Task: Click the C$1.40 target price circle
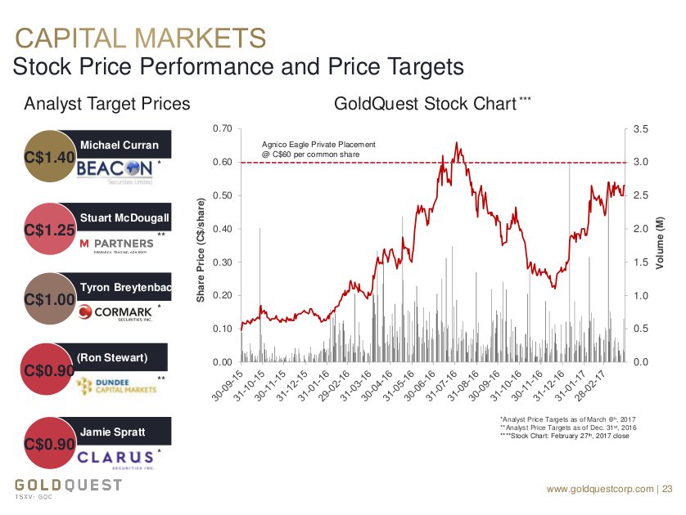click(51, 155)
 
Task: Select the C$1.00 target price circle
click(51, 298)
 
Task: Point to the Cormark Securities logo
click(116, 311)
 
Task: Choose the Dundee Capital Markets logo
click(115, 384)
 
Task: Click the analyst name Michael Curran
click(119, 146)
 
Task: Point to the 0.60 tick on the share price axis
click(221, 163)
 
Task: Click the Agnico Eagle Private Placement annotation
click(318, 149)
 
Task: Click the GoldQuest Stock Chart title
click(425, 104)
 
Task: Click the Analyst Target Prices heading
click(107, 104)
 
